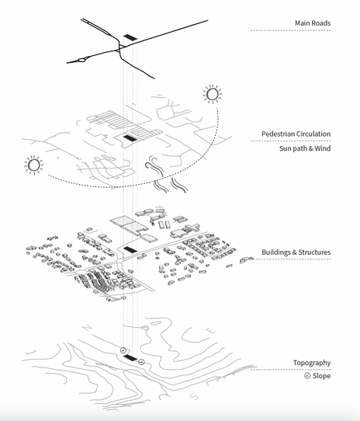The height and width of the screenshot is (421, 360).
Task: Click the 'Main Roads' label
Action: tap(312, 23)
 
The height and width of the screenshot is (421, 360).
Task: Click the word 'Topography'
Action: tap(312, 363)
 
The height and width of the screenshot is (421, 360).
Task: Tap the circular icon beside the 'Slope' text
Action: tap(307, 376)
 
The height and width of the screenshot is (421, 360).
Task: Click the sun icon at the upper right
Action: tap(211, 95)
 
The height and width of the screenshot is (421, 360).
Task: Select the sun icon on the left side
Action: tap(33, 165)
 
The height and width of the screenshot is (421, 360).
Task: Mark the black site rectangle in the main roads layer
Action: tap(131, 37)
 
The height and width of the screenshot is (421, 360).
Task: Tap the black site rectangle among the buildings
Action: tap(130, 250)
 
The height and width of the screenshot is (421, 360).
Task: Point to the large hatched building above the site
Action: tap(129, 225)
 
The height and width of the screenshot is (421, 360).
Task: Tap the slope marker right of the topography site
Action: tap(141, 361)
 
